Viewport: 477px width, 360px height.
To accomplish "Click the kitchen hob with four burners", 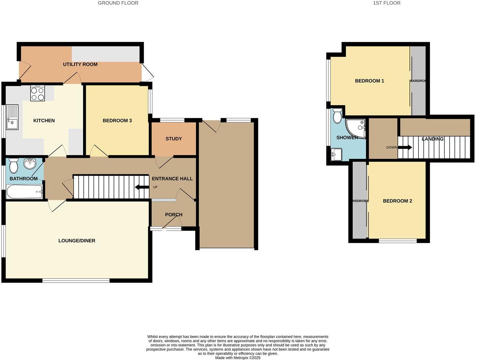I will pyautogui.click(x=37, y=93).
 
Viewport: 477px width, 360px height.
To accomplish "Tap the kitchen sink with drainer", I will pyautogui.click(x=12, y=117).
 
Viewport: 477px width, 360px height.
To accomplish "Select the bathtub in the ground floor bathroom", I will pyautogui.click(x=25, y=191).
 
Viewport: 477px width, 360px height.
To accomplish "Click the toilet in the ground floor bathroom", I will pyautogui.click(x=14, y=166).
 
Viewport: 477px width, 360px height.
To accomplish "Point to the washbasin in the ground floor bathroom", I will pyautogui.click(x=30, y=163).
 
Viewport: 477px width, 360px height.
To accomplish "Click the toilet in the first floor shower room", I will pyautogui.click(x=337, y=116).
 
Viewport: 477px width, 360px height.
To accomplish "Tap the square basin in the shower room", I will pyautogui.click(x=336, y=154).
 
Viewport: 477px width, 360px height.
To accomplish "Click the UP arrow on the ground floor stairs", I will pyautogui.click(x=142, y=187).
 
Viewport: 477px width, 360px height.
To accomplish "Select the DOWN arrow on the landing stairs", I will pyautogui.click(x=405, y=147).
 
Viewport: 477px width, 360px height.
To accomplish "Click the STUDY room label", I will pyautogui.click(x=174, y=139).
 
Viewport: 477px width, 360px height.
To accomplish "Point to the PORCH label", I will pyautogui.click(x=174, y=215).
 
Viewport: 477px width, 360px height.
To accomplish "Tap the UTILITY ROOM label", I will pyautogui.click(x=80, y=64).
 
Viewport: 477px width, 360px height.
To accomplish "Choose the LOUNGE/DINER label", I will pyautogui.click(x=77, y=241).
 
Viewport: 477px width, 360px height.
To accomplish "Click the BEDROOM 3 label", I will pyautogui.click(x=117, y=121).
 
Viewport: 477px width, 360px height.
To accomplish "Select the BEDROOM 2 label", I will pyautogui.click(x=397, y=201).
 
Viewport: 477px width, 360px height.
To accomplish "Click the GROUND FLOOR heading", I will pyautogui.click(x=118, y=3).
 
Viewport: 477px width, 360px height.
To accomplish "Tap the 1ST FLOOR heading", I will pyautogui.click(x=387, y=3).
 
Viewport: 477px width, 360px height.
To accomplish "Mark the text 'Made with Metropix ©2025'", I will pyautogui.click(x=238, y=358).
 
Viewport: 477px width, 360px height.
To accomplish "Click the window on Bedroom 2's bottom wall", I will pyautogui.click(x=398, y=241).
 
